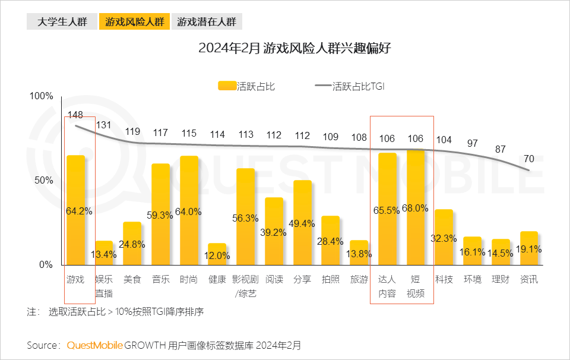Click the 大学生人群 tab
pyautogui.click(x=62, y=22)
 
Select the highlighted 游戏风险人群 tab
pyautogui.click(x=134, y=22)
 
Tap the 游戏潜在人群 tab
pyautogui.click(x=207, y=22)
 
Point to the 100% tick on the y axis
pyautogui.click(x=42, y=96)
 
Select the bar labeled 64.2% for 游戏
pyautogui.click(x=76, y=210)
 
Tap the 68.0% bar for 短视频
pyautogui.click(x=416, y=207)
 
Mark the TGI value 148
pyautogui.click(x=75, y=115)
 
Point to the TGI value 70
pyautogui.click(x=529, y=159)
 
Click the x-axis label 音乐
pyautogui.click(x=160, y=279)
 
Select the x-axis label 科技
pyautogui.click(x=444, y=279)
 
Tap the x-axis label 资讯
pyautogui.click(x=529, y=279)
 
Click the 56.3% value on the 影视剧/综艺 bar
pyautogui.click(x=246, y=218)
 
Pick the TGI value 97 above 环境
pyautogui.click(x=472, y=143)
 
